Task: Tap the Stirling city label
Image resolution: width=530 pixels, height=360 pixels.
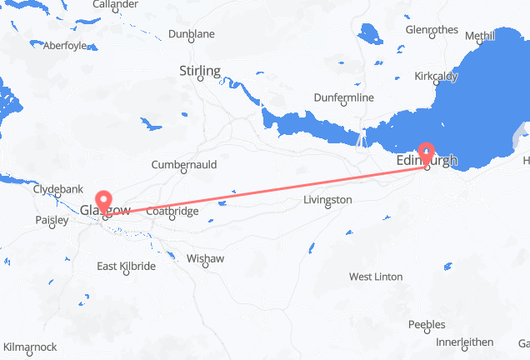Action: pos(200,72)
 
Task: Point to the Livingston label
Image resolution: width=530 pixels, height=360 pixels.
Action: pos(327,200)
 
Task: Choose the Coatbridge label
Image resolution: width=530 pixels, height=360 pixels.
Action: pos(172,212)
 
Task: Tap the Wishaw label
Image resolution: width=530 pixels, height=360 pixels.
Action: pos(206,258)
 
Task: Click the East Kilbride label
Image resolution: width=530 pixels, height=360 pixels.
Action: pos(126,266)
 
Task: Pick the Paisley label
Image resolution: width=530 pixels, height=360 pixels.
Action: pos(52,221)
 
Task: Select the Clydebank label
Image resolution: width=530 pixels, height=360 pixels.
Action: pos(54,189)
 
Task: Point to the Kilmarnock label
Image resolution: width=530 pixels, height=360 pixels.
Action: pos(30,346)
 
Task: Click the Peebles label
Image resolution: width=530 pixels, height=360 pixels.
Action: pos(427,324)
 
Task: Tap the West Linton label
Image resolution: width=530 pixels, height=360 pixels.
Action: pos(376,277)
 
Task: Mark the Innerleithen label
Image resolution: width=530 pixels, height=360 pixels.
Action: pos(464,342)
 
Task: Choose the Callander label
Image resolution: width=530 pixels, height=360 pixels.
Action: pos(115,4)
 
